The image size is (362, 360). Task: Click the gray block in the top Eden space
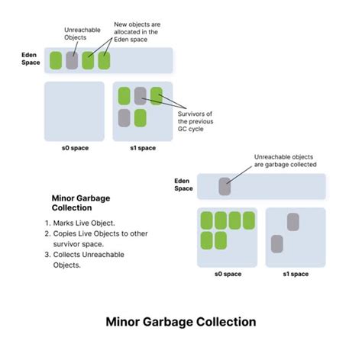(72, 60)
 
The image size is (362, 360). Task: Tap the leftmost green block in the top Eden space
(55, 60)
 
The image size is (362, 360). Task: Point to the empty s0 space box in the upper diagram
(74, 111)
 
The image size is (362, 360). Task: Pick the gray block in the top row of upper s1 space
(140, 95)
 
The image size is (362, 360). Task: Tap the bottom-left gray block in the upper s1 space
(124, 117)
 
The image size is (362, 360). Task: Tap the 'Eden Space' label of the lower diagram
(183, 184)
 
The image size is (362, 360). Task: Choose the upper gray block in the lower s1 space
(293, 222)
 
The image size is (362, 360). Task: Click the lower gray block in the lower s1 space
(278, 243)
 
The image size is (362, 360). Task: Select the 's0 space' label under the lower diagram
(227, 274)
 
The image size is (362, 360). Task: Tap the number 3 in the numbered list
(47, 255)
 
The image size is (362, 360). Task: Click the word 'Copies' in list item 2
(66, 233)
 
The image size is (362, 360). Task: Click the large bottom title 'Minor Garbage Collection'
(180, 322)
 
